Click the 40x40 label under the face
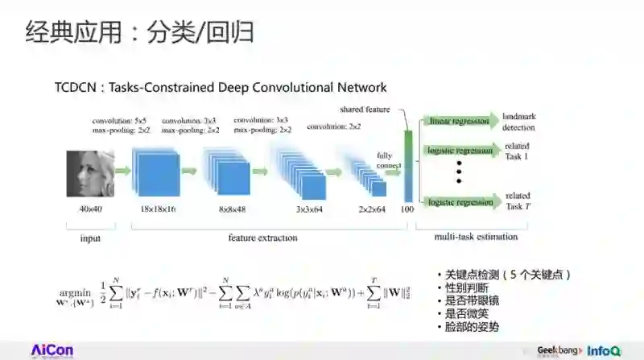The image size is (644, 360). [x=89, y=209]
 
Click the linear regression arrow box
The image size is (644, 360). [x=457, y=122]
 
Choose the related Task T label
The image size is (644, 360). [x=517, y=201]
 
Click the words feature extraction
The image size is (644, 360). [x=262, y=238]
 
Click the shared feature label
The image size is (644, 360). [x=365, y=110]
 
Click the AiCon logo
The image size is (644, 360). [x=52, y=350]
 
